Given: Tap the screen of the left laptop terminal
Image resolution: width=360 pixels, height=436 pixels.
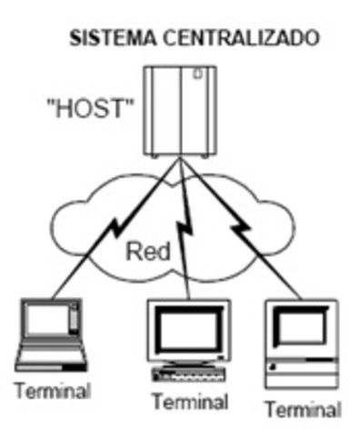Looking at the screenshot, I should click(x=48, y=320).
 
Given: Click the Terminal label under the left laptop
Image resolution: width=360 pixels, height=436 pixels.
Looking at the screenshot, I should click(x=53, y=392).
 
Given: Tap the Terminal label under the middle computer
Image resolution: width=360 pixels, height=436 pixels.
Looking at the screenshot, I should click(x=189, y=401).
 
